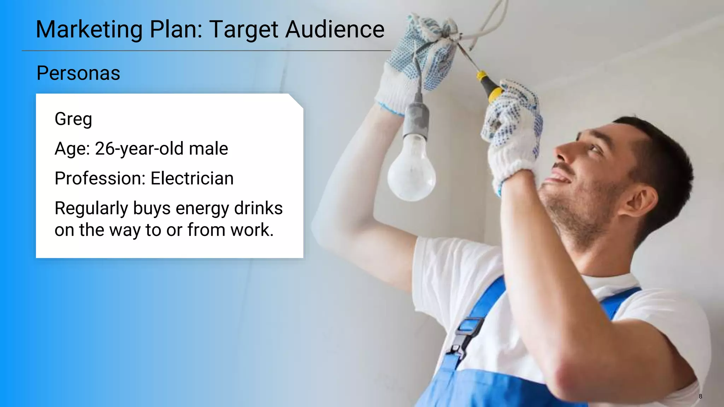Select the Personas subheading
[x=78, y=73]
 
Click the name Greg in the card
[x=73, y=119]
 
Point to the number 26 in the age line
[x=104, y=148]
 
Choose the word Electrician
[x=192, y=178]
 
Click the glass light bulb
[x=411, y=170]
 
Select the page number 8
[x=700, y=396]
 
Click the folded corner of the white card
[x=296, y=100]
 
